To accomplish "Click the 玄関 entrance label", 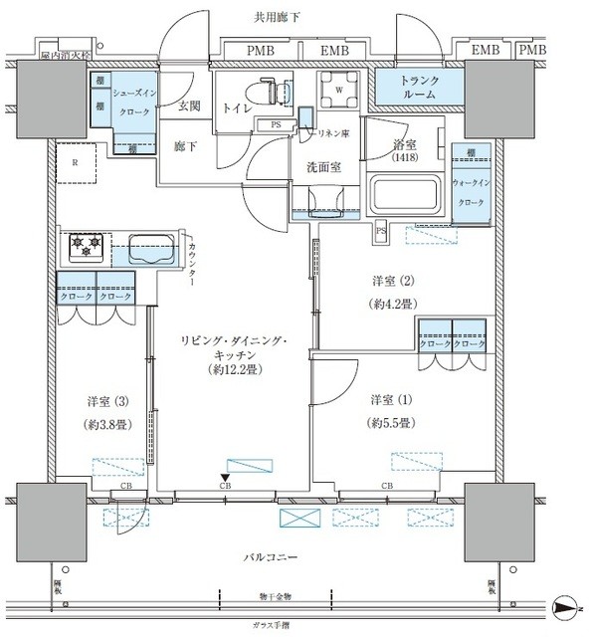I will click(x=190, y=106).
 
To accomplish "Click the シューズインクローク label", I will click(x=132, y=102).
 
